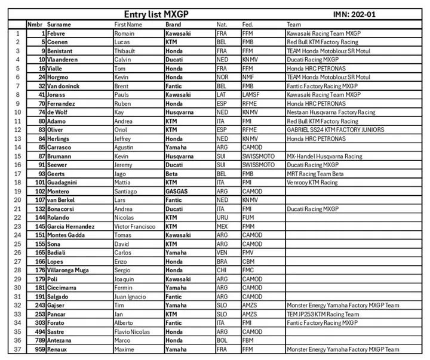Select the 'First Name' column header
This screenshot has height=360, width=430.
[128, 24]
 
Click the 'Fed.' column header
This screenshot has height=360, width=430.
[247, 24]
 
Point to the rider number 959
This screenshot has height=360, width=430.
[39, 349]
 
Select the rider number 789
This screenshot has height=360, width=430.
[39, 340]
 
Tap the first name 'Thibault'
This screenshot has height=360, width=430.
[125, 51]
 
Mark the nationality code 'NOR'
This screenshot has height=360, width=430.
[222, 77]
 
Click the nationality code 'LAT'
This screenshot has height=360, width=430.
[221, 94]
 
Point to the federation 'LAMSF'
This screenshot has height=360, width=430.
[251, 94]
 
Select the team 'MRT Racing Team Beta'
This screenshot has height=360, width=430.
[315, 174]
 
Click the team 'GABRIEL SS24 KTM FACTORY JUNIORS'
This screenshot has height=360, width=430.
[335, 130]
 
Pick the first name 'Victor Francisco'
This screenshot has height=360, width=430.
[136, 226]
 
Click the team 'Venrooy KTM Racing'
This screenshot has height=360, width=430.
[312, 182]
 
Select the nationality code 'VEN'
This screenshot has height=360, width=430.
[221, 253]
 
